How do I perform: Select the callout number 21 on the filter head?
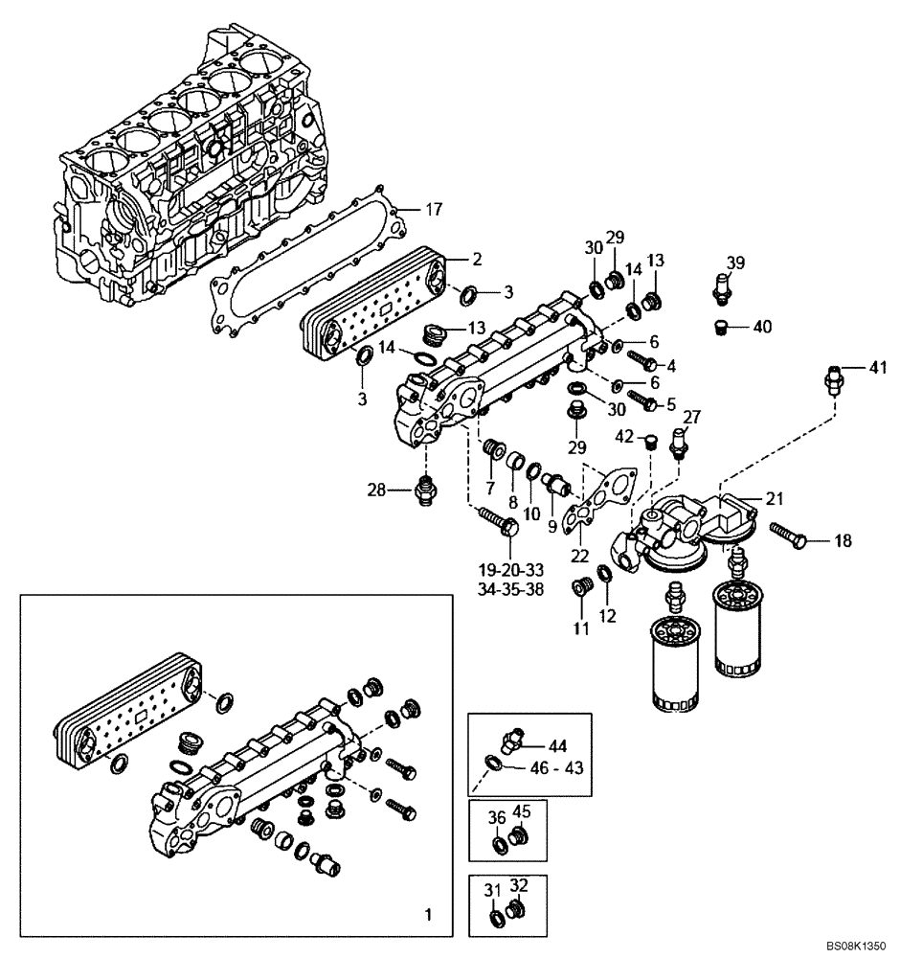point(775,497)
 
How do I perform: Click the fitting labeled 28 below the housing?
point(426,491)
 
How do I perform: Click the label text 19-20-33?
point(510,571)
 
